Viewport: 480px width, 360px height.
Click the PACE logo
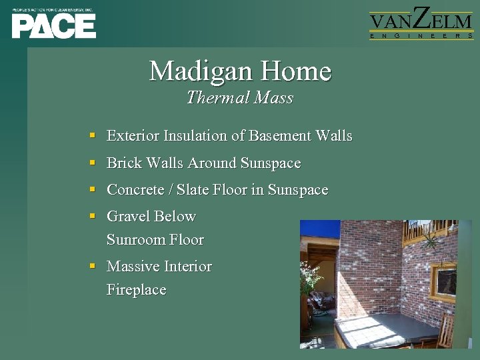[x=53, y=25]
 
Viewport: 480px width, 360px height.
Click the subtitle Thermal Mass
[x=240, y=98]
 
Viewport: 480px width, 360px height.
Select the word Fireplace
[x=136, y=290]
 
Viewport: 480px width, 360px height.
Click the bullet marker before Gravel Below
[x=93, y=216]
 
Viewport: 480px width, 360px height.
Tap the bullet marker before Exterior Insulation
[x=93, y=135]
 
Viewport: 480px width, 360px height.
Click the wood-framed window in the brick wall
[x=444, y=281]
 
